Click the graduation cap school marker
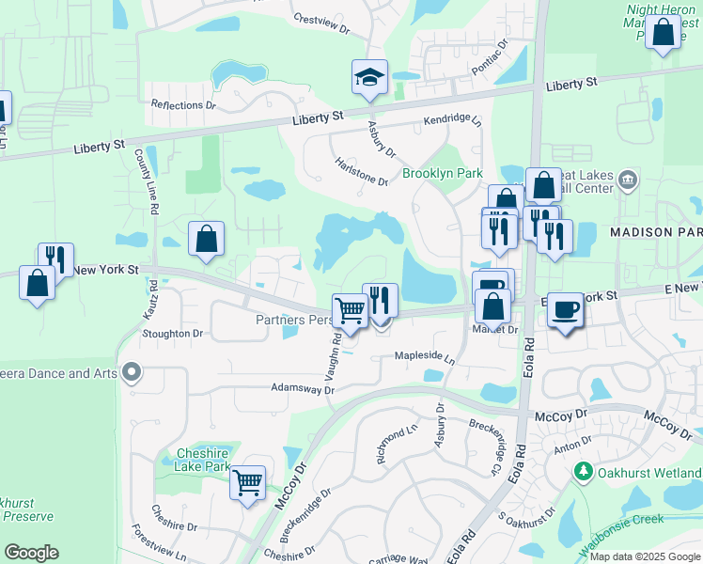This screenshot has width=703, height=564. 370,77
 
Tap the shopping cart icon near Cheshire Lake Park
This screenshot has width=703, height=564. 247,483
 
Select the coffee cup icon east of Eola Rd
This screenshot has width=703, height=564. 564,309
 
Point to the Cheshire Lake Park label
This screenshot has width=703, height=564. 203,459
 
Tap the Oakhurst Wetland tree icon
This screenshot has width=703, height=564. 584,470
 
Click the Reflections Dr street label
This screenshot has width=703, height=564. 183,105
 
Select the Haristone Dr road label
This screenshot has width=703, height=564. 362,170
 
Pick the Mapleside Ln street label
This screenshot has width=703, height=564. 424,357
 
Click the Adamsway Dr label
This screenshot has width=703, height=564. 302,387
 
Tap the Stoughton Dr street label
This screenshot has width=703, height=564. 172,333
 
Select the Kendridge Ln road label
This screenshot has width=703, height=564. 452,121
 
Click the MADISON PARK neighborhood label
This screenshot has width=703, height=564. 656,231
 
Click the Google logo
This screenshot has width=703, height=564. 31,552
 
